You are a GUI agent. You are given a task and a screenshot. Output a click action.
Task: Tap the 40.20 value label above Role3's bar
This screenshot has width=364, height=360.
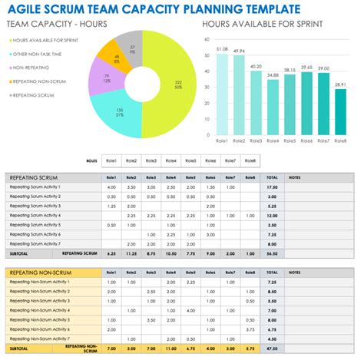point(255,67)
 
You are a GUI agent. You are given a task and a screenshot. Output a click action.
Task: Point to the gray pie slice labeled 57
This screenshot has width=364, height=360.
point(133,49)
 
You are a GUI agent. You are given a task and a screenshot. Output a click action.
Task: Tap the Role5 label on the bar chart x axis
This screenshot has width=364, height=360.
point(289,142)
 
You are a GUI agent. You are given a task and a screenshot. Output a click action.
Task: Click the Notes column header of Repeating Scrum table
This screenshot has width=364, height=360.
point(295,177)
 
